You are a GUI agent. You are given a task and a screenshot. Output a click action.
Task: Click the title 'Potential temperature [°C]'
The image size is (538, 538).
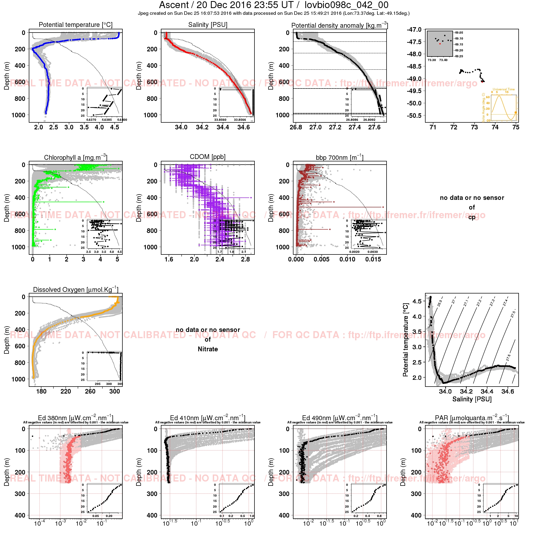coord(76,25)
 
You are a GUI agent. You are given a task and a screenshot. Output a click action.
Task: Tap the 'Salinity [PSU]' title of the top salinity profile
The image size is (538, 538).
coord(208,25)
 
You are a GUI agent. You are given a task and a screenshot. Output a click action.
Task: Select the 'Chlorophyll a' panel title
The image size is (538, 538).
coord(76,158)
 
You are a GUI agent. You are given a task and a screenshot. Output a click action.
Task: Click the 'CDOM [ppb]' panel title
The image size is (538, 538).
coord(208,157)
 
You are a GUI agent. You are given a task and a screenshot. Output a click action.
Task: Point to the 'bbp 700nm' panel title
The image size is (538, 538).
coord(339,158)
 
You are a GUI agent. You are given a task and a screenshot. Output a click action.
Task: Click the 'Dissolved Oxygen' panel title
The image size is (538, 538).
coord(76,290)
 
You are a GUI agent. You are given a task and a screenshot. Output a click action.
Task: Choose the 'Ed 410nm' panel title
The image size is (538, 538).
coord(208,418)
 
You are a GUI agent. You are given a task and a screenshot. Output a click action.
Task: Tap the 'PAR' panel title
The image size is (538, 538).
coord(472,418)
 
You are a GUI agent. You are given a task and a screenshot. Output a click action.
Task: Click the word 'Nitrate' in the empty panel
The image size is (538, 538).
coord(208,349)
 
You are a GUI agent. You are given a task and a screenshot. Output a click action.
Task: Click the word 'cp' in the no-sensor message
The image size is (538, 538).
coord(472,217)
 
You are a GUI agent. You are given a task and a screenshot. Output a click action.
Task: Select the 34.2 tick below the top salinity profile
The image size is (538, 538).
coord(202,127)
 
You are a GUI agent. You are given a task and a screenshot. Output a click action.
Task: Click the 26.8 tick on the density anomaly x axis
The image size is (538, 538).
coord(296,127)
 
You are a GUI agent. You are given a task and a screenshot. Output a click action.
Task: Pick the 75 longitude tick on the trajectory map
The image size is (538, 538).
coord(516,127)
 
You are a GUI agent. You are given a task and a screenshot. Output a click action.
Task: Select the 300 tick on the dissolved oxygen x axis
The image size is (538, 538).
coord(114,391)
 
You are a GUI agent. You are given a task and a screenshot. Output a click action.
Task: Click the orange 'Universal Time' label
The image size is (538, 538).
coord(504,89)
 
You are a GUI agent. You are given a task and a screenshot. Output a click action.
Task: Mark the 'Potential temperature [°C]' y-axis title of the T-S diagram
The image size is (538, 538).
coord(406,340)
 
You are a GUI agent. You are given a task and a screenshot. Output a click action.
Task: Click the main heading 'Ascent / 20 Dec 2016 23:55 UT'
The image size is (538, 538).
coord(226,5)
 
